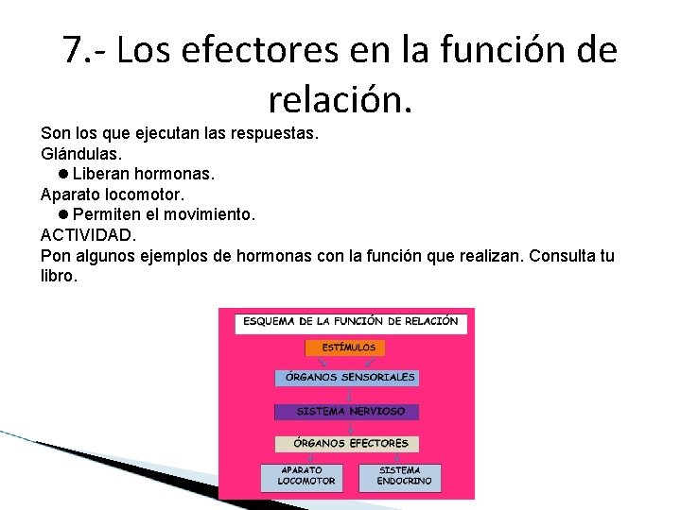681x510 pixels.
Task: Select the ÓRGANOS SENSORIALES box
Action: [346, 378]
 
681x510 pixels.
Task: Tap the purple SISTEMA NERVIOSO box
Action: [346, 412]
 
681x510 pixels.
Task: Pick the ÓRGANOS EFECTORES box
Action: [346, 443]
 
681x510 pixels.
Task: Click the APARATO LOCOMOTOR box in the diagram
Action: [302, 476]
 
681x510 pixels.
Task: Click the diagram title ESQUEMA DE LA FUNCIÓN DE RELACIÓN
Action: [350, 321]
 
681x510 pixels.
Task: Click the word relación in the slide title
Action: [340, 95]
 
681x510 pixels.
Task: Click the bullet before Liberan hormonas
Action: [61, 174]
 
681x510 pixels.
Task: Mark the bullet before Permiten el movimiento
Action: [61, 215]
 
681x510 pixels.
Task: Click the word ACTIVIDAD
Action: [88, 236]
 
